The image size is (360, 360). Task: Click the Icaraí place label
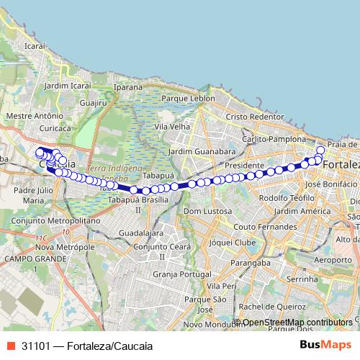(x=35, y=45)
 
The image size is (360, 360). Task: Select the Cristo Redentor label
(x=255, y=117)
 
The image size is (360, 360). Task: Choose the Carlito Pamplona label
(x=270, y=138)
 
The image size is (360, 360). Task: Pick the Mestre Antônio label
(x=30, y=115)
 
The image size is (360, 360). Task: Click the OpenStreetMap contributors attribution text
(x=297, y=323)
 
